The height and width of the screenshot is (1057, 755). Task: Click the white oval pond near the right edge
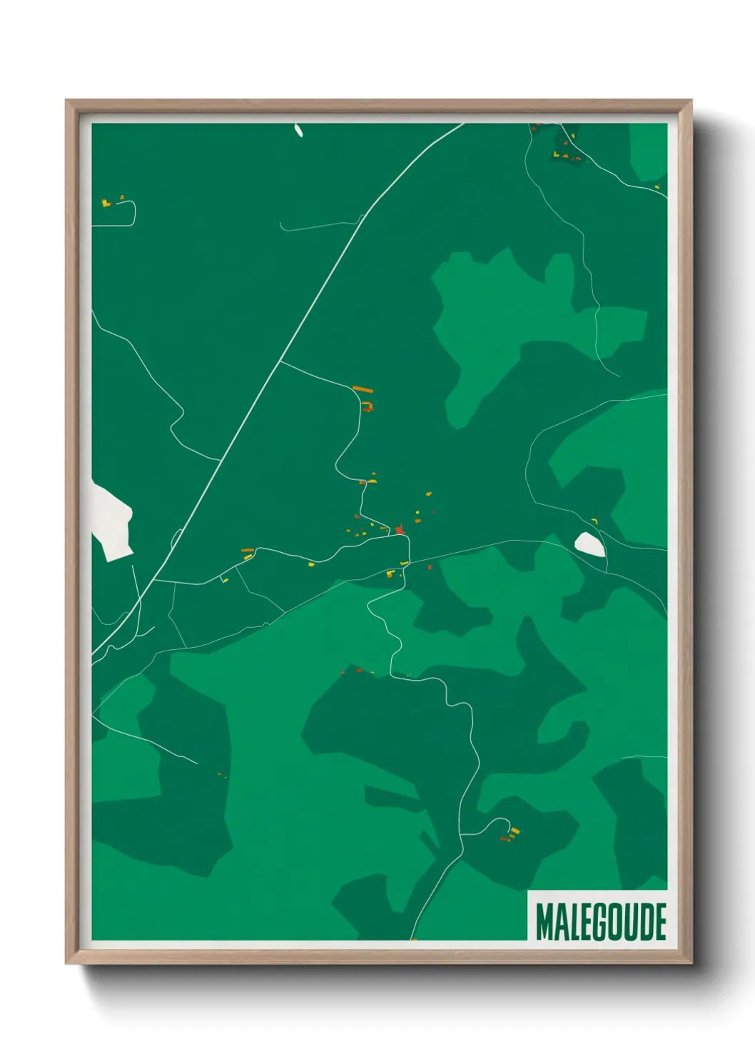pos(590,544)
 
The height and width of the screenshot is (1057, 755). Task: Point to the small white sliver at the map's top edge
pos(298,131)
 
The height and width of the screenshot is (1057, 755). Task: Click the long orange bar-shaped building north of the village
pos(363,390)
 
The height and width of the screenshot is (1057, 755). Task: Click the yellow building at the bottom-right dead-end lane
pos(515,831)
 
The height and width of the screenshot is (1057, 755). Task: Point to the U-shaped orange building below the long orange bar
pos(368,407)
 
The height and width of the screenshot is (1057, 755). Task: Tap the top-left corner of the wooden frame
pos(68,102)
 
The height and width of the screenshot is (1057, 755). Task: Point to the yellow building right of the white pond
pos(594,521)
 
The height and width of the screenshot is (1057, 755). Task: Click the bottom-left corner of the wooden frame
pos(68,961)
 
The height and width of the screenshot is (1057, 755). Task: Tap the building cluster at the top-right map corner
pos(564,146)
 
